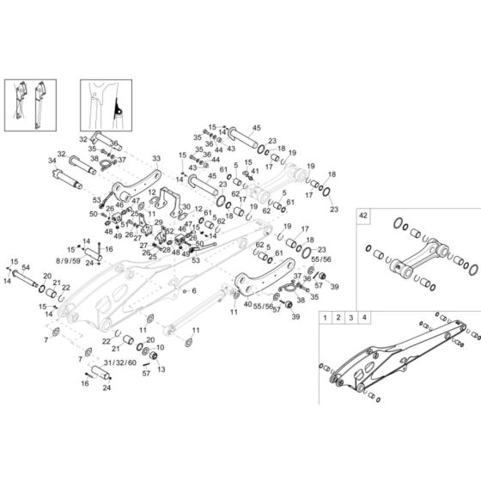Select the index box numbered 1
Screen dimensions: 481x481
point(325,318)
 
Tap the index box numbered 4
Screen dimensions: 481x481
point(366,318)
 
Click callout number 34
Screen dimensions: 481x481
point(52,160)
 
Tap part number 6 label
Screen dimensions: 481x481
point(194,290)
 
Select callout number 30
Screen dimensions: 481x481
point(186,206)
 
